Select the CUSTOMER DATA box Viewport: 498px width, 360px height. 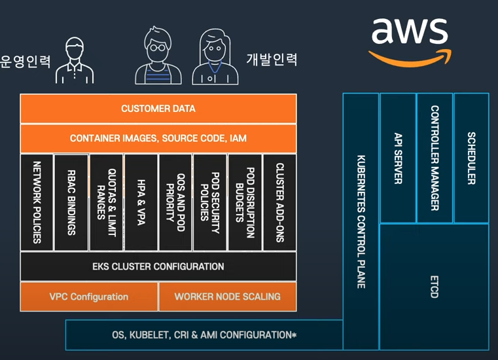[x=158, y=109]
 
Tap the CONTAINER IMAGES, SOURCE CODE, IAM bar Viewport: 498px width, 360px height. [x=158, y=139]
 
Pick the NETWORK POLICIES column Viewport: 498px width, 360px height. [x=37, y=202]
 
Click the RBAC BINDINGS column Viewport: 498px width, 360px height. [x=71, y=202]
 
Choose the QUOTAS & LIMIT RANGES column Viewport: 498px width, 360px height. [x=106, y=202]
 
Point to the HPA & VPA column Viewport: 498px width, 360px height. [x=141, y=202]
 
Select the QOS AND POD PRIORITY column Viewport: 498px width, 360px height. [x=175, y=202]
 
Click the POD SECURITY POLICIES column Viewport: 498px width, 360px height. [x=210, y=202]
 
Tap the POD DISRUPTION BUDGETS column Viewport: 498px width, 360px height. [x=245, y=202]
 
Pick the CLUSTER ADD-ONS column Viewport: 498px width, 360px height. [x=279, y=202]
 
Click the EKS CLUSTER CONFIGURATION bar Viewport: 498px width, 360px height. [x=158, y=266]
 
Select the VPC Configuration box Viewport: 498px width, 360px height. [x=89, y=297]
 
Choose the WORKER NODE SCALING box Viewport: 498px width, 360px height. [x=228, y=297]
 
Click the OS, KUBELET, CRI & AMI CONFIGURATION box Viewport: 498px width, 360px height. [x=204, y=335]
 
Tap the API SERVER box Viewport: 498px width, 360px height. [x=397, y=158]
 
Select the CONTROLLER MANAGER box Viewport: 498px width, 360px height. [x=435, y=158]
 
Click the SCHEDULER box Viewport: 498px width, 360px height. [x=471, y=158]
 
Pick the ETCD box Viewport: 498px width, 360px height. [x=434, y=286]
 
